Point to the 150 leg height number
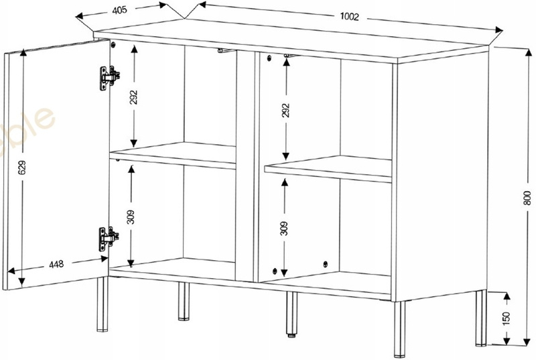click(x=506, y=317)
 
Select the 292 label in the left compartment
click(x=134, y=97)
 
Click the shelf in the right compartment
click(x=328, y=168)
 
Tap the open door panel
click(x=57, y=161)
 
